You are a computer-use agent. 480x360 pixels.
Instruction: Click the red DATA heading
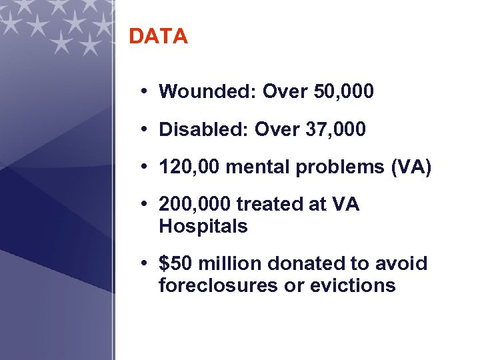tap(158, 37)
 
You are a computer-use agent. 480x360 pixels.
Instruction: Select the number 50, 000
tap(343, 91)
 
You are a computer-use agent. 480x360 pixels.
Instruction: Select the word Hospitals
tap(203, 227)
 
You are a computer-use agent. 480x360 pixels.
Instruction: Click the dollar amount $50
tap(173, 263)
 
